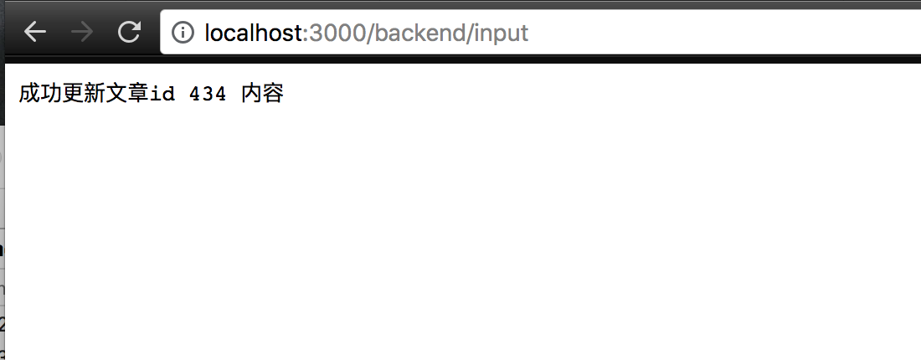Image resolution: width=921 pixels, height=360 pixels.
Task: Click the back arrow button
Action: coord(35,33)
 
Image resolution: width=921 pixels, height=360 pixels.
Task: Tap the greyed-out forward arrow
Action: coord(82,33)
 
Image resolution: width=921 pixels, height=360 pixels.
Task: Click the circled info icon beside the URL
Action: coord(183,33)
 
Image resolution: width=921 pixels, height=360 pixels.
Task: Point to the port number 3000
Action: coord(333,33)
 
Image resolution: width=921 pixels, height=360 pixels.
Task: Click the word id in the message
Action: coord(162,94)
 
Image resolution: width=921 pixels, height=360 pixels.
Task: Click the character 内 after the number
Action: coord(252,94)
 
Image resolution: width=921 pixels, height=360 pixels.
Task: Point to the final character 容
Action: coord(274,94)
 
